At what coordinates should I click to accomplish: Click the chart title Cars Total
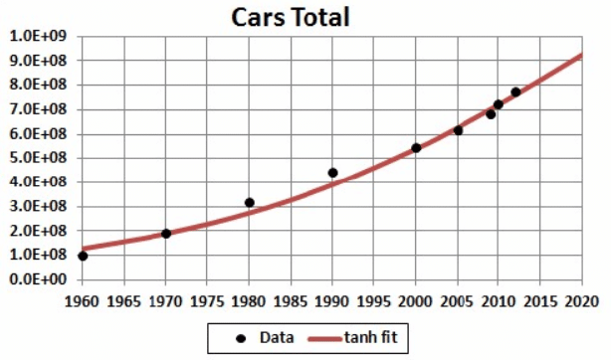pos(291,17)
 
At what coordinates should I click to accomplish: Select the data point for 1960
pos(83,257)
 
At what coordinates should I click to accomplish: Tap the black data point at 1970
pos(166,234)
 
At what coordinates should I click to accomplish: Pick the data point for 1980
pos(250,203)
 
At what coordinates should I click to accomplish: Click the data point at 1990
pos(332,173)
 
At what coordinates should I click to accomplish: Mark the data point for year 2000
pos(416,148)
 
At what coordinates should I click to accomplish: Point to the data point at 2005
pos(458,130)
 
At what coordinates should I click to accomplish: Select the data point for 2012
pos(515,92)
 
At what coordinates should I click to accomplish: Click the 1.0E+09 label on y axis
pos(37,37)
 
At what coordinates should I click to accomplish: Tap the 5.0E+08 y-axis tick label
pos(37,158)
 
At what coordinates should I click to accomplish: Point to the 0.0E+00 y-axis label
pos(37,279)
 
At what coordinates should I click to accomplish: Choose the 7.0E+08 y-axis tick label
pos(37,109)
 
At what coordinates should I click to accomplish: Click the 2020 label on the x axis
pos(582,299)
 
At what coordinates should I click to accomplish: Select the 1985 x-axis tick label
pos(291,299)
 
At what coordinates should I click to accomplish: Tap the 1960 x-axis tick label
pos(83,299)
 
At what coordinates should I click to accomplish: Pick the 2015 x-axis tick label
pos(540,299)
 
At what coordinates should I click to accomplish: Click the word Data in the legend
pos(276,338)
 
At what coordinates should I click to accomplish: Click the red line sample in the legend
pos(325,338)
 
